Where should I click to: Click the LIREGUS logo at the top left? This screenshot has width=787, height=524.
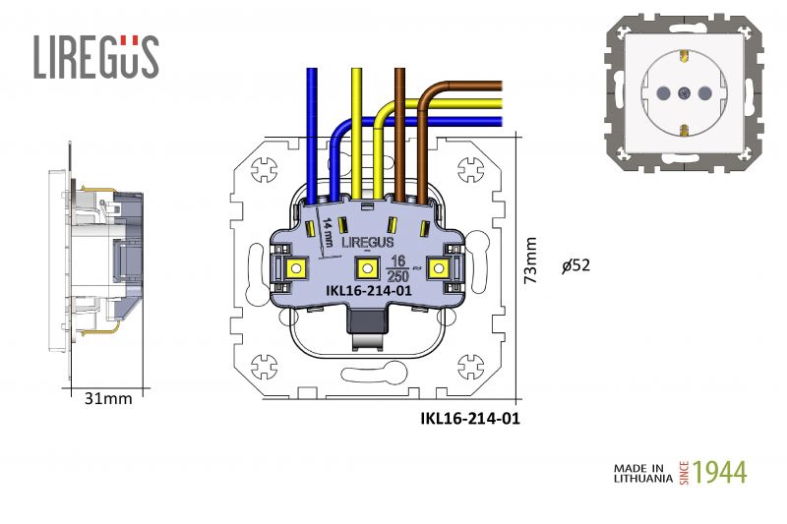(x=95, y=57)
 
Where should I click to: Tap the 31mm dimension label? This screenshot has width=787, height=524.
(x=107, y=398)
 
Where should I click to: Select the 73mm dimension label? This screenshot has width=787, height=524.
(x=531, y=261)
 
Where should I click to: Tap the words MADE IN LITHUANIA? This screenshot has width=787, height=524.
(x=643, y=473)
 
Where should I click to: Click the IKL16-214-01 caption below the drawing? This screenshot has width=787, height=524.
(x=469, y=418)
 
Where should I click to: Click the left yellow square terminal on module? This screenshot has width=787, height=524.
(x=296, y=266)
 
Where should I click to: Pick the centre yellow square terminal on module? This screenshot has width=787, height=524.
(x=367, y=267)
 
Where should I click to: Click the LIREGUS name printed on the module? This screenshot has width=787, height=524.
(x=368, y=241)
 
